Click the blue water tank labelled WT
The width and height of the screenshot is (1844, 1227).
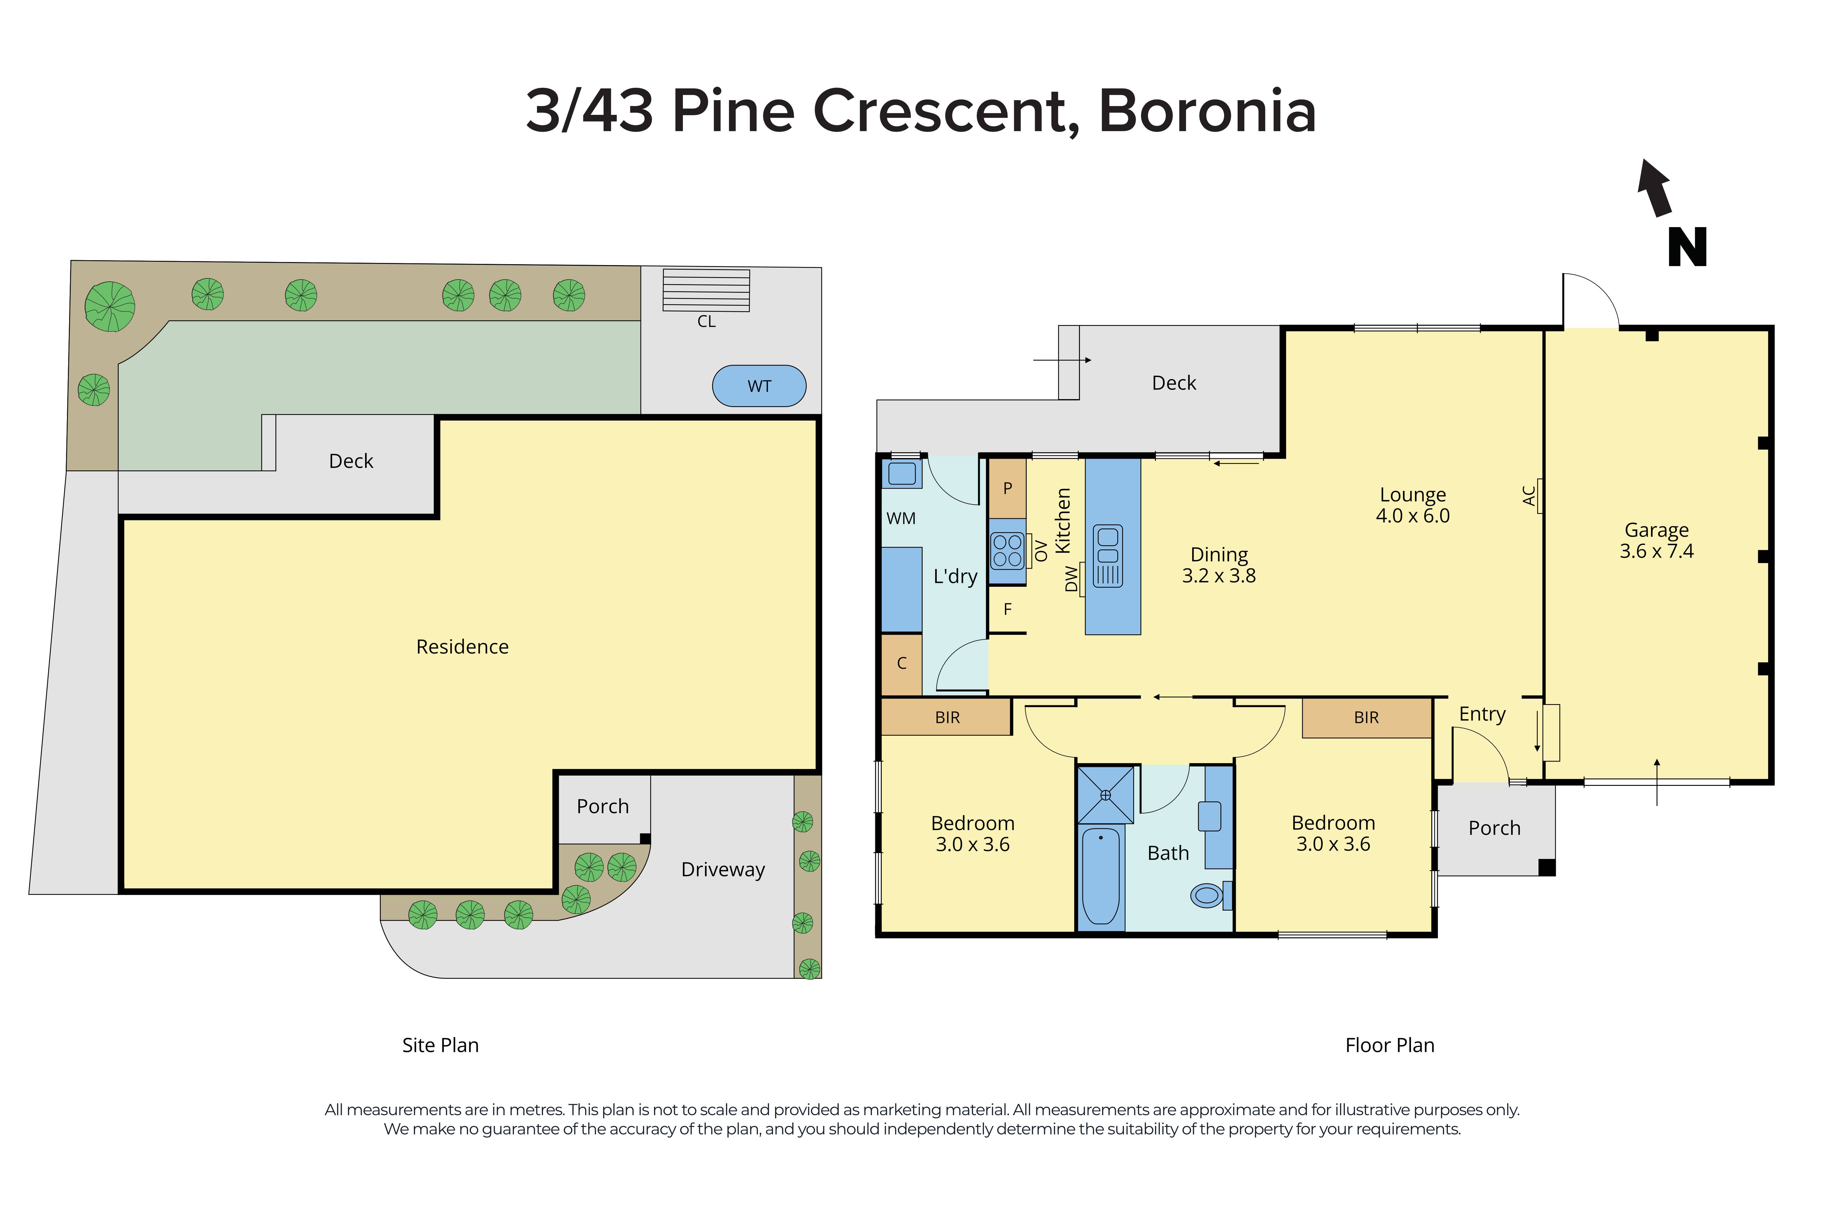tap(758, 386)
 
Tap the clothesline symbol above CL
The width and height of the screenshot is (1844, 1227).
tap(706, 289)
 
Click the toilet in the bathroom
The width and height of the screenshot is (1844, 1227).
tap(1209, 894)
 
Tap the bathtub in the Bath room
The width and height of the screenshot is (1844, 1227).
tap(1101, 876)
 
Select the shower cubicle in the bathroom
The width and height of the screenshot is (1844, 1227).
tap(1105, 794)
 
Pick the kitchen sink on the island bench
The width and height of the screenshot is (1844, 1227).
tap(1108, 556)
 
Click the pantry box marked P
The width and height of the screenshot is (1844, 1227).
tap(1007, 488)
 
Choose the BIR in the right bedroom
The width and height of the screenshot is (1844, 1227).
tap(1366, 717)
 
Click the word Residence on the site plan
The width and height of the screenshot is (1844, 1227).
tap(462, 646)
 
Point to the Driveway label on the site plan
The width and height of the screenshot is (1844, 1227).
tap(723, 869)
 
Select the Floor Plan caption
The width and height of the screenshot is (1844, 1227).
tap(1389, 1045)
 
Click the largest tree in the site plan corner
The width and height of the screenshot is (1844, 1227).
tap(110, 306)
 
